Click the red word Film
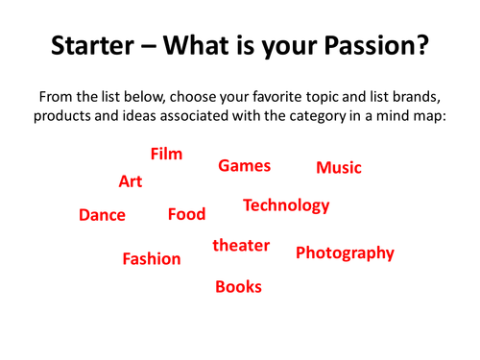[166, 154]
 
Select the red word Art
[131, 181]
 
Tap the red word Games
[245, 166]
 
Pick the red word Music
[339, 168]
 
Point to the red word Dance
[102, 215]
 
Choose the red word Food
[186, 214]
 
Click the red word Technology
[286, 205]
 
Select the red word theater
[241, 246]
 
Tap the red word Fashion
[152, 258]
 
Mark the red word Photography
[345, 253]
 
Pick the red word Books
[238, 286]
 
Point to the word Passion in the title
[366, 47]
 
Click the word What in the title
[200, 47]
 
